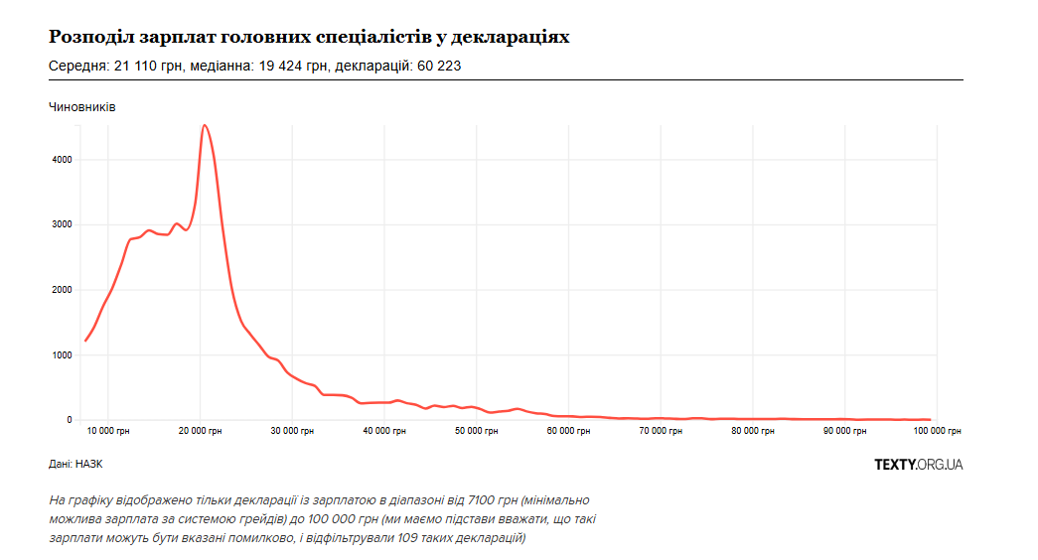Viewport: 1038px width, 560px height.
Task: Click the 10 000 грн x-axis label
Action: (x=108, y=431)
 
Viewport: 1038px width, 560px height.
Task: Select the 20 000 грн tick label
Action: (x=200, y=431)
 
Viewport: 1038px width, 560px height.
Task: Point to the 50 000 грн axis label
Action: (x=477, y=431)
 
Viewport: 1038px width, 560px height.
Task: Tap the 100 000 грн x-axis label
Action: (x=938, y=431)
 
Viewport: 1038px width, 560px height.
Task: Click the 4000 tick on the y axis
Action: (x=63, y=160)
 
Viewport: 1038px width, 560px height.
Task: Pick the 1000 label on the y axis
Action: (x=63, y=355)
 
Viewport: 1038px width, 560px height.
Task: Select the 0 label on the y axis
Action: (x=70, y=420)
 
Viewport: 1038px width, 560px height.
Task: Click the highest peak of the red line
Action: (x=204, y=125)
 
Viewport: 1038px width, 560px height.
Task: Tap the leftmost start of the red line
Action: (x=85, y=341)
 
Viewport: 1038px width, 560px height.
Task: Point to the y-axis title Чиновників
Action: (x=82, y=106)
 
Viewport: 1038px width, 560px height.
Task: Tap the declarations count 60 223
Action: (x=437, y=67)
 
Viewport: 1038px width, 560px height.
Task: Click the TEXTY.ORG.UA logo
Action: (x=918, y=464)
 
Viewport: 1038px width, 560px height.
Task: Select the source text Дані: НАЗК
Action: (x=75, y=464)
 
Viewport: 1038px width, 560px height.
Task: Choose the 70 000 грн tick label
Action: (x=661, y=431)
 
